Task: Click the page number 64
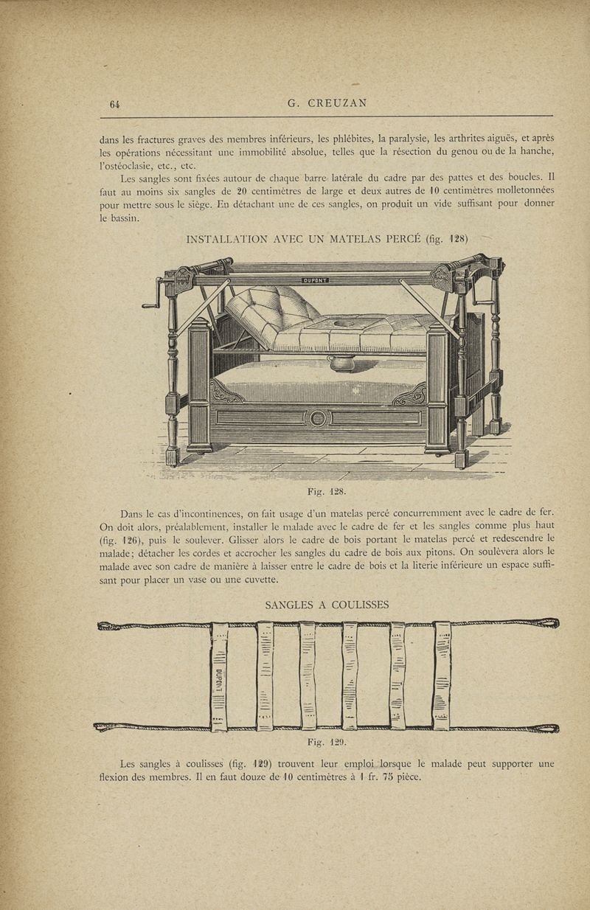[114, 104]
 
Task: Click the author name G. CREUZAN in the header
[327, 104]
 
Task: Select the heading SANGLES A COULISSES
[327, 605]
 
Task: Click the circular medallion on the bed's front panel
[317, 419]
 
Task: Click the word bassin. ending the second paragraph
[118, 219]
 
